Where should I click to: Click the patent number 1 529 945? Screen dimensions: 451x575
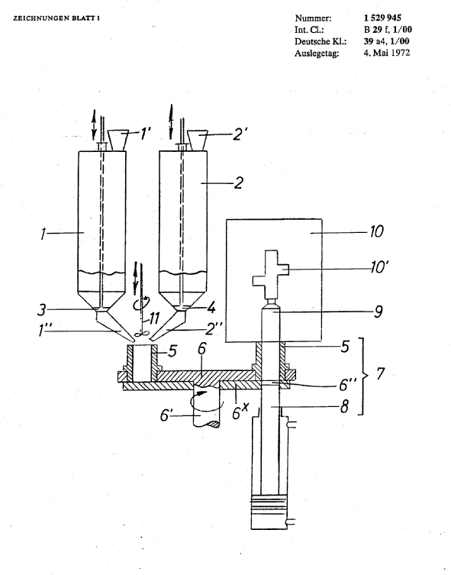382,18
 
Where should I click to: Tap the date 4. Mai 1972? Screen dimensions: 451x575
387,53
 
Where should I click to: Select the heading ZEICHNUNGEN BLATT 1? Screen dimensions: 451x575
56,18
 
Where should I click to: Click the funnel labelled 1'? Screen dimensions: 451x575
118,140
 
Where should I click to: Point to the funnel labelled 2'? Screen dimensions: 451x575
198,140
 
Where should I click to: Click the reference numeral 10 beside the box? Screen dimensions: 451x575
376,232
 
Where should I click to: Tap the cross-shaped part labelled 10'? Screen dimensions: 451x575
271,274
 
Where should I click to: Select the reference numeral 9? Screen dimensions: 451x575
378,312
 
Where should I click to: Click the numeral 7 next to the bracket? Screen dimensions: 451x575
380,374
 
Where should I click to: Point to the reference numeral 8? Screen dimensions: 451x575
344,406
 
